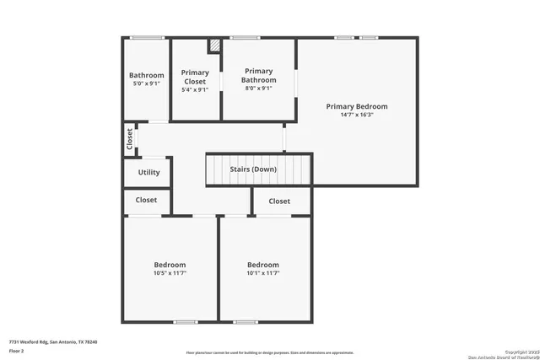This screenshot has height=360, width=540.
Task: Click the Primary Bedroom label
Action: click(357, 106)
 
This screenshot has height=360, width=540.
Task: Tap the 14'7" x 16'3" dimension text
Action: click(357, 115)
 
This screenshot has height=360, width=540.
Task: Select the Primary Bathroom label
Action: click(259, 76)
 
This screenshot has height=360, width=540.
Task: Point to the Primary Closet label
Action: click(194, 77)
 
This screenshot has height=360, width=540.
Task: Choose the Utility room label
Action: click(148, 173)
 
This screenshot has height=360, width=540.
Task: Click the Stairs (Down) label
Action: click(253, 169)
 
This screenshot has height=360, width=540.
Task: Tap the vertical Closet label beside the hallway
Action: click(129, 138)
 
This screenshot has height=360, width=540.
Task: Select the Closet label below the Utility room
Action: click(147, 201)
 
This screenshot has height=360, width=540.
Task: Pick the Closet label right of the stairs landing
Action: click(279, 201)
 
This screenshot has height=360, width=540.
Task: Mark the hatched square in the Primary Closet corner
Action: click(215, 45)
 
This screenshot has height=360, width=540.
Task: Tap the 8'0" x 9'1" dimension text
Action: click(259, 89)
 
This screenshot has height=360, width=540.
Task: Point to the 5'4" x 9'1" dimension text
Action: click(194, 89)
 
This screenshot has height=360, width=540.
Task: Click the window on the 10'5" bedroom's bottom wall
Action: click(185, 321)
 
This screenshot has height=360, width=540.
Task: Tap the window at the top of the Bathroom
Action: click(147, 37)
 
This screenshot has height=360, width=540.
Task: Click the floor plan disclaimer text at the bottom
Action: click(270, 352)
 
